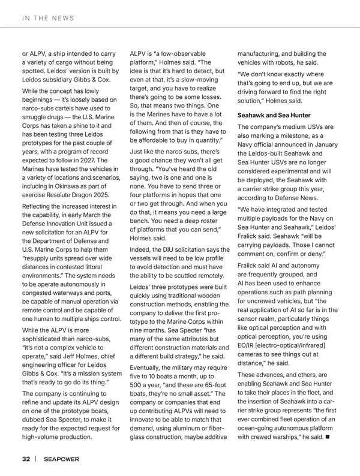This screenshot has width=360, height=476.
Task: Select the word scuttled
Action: (x=187, y=275)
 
